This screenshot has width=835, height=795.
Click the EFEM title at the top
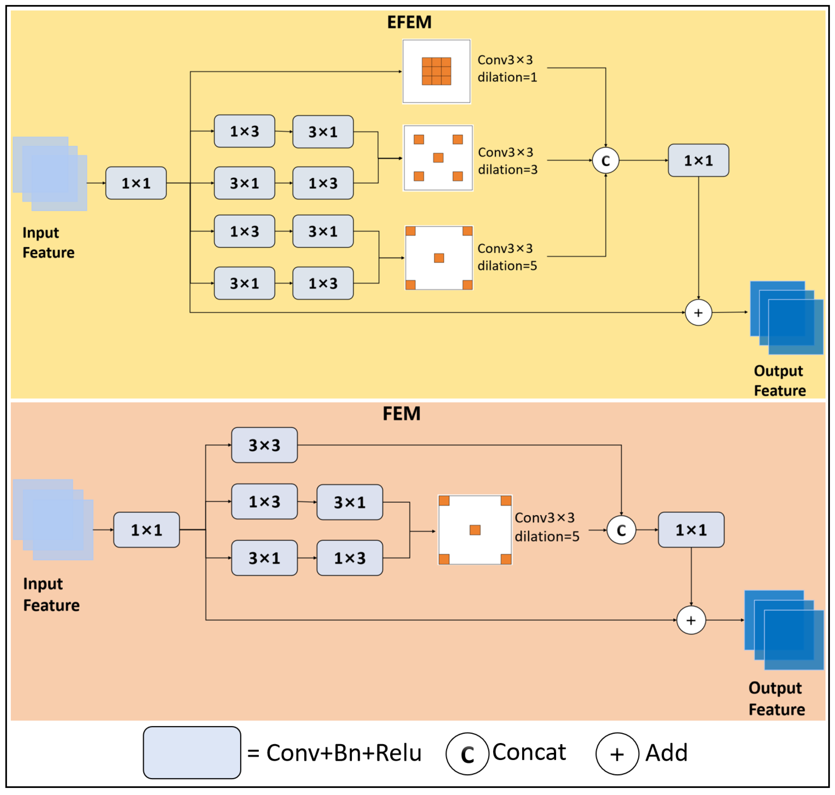pyautogui.click(x=409, y=22)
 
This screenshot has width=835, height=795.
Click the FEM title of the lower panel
pyautogui.click(x=401, y=414)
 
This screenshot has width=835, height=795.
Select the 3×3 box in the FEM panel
pyautogui.click(x=264, y=445)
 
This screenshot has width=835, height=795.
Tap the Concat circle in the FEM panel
pyautogui.click(x=621, y=530)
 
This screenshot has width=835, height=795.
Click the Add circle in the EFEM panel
pyautogui.click(x=698, y=313)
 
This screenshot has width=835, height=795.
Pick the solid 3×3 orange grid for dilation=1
pyautogui.click(x=436, y=71)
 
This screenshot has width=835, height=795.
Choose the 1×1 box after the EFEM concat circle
pyautogui.click(x=698, y=161)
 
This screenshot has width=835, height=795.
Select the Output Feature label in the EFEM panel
pyautogui.click(x=779, y=380)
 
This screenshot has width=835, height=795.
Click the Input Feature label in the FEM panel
pyautogui.click(x=51, y=594)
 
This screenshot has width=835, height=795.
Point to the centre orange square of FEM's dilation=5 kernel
pyautogui.click(x=475, y=530)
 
